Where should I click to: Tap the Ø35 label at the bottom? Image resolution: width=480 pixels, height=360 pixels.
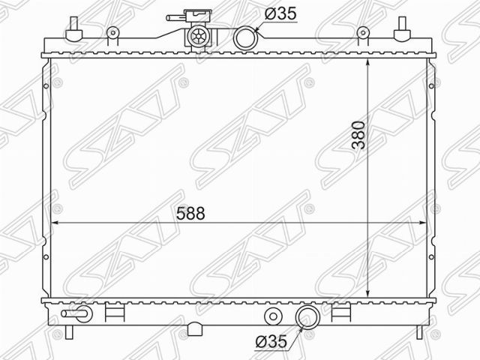[x=271, y=340]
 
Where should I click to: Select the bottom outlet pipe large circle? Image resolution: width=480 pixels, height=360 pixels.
[x=307, y=317]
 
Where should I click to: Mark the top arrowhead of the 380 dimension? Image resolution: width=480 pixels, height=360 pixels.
[x=368, y=60]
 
